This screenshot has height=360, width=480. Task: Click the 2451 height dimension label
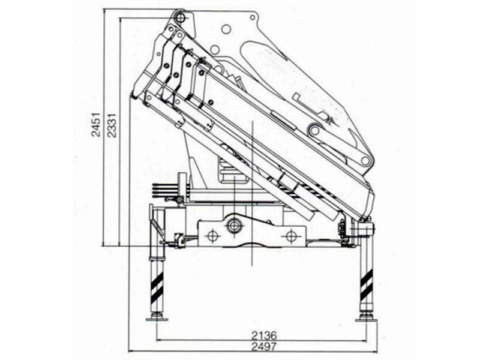(97, 124)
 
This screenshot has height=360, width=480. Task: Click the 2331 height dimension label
(112, 125)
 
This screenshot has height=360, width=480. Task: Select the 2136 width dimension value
(264, 335)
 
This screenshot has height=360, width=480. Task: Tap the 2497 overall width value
(264, 347)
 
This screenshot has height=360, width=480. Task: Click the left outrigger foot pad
(157, 319)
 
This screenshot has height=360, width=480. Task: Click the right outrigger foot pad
(367, 320)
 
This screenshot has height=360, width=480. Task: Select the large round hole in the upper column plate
(226, 29)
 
